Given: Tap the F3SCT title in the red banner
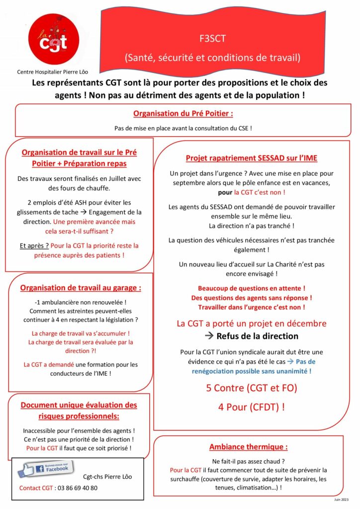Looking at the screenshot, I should (212, 38).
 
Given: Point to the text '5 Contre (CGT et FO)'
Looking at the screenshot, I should (252, 388).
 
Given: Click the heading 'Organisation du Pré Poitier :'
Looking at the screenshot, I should (183, 113).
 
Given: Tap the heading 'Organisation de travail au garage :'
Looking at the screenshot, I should (81, 288).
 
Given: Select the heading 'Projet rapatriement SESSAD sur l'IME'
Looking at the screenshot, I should (252, 158).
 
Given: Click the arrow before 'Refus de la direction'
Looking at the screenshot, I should (209, 336).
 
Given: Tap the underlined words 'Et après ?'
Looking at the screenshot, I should (34, 246).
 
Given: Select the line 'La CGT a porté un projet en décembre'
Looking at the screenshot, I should (252, 324).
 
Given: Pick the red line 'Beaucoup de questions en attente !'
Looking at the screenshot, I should (252, 288).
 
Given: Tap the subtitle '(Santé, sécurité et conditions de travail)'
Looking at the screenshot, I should (212, 58).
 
